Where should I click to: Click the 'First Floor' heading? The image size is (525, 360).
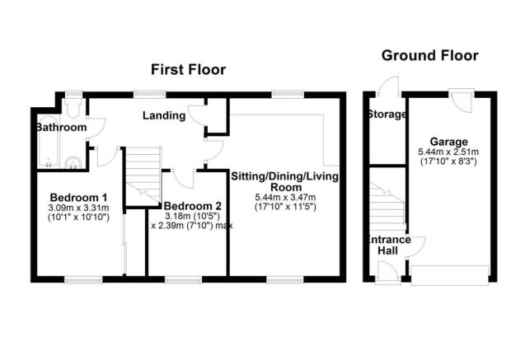click(x=188, y=69)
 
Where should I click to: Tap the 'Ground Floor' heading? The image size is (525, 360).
click(x=430, y=55)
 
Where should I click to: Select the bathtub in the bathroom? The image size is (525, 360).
click(x=49, y=141)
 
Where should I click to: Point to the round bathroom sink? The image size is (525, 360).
click(x=73, y=163)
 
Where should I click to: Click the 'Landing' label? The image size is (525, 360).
click(x=164, y=116)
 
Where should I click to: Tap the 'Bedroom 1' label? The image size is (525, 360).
click(x=78, y=197)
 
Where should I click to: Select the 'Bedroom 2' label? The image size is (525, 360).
click(x=193, y=206)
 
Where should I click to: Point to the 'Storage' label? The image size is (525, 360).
click(x=387, y=115)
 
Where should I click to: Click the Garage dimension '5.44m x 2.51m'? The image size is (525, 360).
click(x=448, y=152)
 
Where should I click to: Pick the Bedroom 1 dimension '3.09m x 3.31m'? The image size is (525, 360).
click(x=78, y=208)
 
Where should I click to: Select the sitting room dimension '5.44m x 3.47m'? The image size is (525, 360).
click(x=286, y=197)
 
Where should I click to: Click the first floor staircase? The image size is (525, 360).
click(x=143, y=176)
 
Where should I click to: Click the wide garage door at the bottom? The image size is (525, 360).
click(x=450, y=275)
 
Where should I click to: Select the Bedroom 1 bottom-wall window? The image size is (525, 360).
click(x=83, y=280)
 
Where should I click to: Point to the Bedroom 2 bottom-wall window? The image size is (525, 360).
click(x=183, y=280)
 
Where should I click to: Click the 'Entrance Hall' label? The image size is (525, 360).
click(x=388, y=245)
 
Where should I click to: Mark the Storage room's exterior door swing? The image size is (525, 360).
click(x=389, y=86)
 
